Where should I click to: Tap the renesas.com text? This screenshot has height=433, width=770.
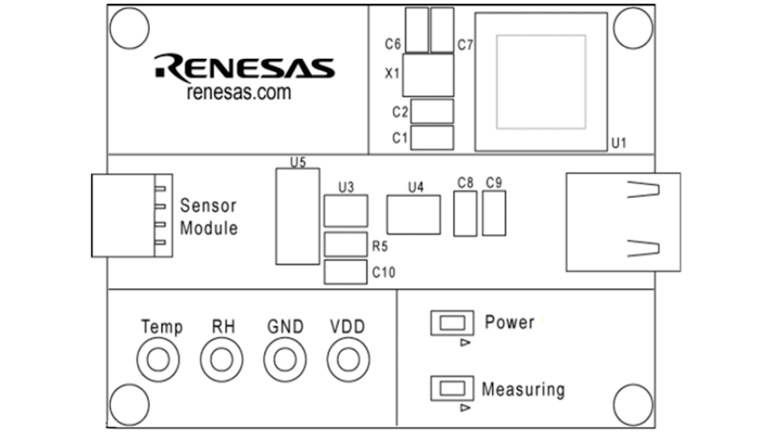point(239,93)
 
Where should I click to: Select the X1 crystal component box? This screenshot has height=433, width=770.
point(429,75)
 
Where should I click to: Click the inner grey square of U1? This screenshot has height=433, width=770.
point(541,82)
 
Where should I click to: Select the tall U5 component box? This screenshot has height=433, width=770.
point(297,216)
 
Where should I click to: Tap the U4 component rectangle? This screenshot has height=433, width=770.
point(413,215)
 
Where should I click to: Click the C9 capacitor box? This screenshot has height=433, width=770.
point(493,213)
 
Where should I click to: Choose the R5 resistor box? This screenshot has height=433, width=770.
point(345,244)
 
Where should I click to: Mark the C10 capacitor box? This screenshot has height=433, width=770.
point(345,272)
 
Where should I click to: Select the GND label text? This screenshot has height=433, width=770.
point(285,327)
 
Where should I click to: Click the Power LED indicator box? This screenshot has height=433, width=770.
point(452,323)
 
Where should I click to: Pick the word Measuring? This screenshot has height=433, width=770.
point(523,390)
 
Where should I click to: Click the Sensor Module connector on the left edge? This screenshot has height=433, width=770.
point(132,215)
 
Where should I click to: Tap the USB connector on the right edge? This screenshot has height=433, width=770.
point(623,222)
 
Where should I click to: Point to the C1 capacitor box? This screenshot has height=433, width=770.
point(432,138)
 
